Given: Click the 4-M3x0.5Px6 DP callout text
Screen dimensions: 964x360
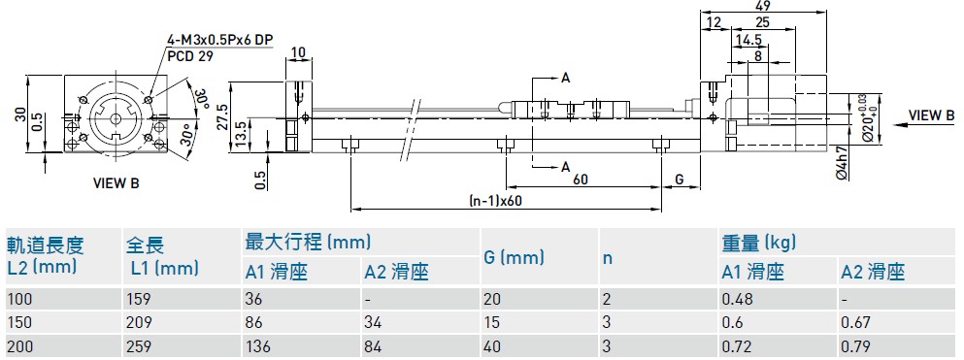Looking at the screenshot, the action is click(x=219, y=41).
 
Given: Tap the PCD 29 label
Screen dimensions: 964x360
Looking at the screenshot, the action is click(x=190, y=56).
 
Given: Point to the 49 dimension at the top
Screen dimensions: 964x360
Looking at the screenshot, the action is click(x=764, y=6).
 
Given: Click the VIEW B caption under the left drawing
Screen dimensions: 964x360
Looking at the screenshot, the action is click(x=116, y=183).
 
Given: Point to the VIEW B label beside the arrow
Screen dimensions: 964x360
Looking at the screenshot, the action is click(x=931, y=115).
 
